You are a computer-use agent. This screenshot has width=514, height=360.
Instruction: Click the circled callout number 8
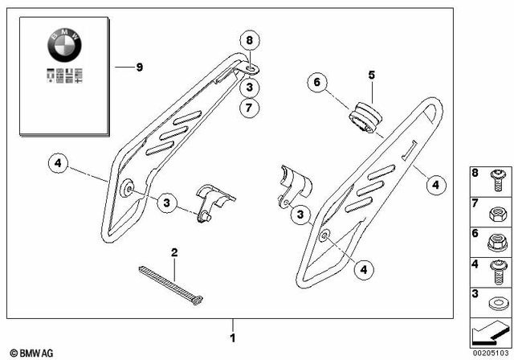(x=249, y=39)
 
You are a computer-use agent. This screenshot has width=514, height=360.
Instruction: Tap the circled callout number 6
(x=316, y=83)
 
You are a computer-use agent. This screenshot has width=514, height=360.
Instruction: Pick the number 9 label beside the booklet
(x=139, y=67)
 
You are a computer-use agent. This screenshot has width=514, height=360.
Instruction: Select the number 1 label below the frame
(x=233, y=337)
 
